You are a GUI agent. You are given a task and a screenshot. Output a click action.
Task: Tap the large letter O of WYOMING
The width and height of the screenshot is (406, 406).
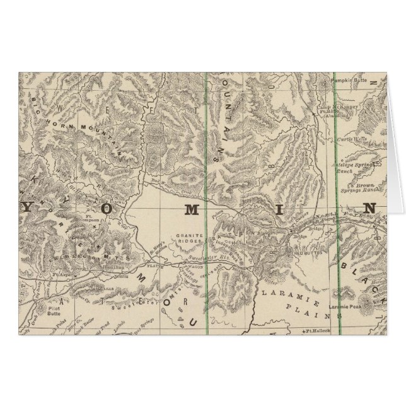(x=107, y=208)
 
